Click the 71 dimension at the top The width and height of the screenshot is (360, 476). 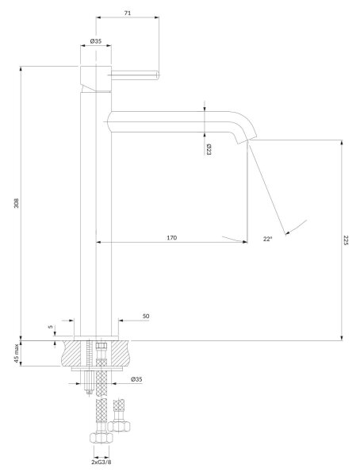coord(128,13)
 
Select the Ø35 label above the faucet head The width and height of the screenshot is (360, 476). coord(96,41)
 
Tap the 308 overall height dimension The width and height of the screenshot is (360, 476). coord(17,203)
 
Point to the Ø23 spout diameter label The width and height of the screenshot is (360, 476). coord(209,150)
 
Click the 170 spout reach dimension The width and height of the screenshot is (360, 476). coord(172,238)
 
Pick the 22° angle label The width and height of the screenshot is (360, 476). coord(267,239)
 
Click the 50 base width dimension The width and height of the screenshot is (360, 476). coord(146,316)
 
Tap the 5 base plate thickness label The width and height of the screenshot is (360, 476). coord(51,327)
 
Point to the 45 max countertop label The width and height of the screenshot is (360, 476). coord(17,353)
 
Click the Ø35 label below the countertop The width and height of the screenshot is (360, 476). coord(136,379)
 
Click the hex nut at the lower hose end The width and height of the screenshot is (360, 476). coord(101,437)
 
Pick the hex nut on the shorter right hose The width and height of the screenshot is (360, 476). coord(119,426)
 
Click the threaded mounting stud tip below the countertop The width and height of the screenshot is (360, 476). coord(89,392)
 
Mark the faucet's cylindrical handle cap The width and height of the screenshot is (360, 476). coord(96,79)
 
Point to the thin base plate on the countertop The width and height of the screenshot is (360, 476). coord(96,338)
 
